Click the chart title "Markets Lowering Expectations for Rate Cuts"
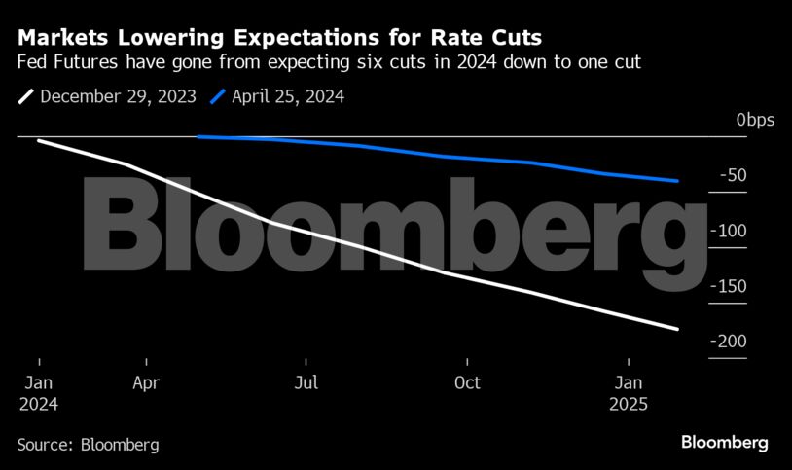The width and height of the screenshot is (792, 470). (280, 37)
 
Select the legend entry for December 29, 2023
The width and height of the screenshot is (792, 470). (107, 96)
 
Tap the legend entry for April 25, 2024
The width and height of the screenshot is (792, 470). (277, 96)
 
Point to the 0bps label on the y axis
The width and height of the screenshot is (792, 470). (754, 120)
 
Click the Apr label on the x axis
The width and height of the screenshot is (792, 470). (145, 382)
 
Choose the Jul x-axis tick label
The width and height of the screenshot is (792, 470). (306, 382)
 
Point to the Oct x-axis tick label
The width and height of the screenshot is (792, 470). (468, 382)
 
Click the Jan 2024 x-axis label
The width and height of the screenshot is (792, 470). (38, 392)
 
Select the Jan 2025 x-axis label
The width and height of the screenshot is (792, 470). (630, 392)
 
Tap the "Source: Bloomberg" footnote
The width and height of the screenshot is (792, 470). (88, 445)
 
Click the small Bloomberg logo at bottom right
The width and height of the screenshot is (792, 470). (724, 443)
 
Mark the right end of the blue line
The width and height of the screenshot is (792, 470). (677, 181)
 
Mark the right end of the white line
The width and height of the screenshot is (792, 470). (677, 329)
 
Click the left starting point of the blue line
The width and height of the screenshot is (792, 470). (198, 137)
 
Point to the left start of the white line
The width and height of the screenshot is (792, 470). (38, 141)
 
